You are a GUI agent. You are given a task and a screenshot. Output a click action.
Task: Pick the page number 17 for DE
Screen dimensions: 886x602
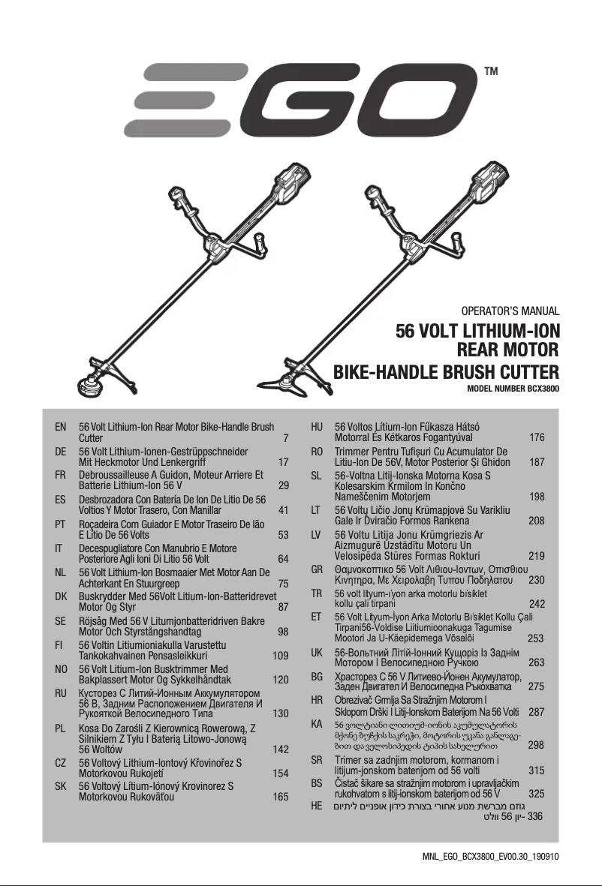[283, 463]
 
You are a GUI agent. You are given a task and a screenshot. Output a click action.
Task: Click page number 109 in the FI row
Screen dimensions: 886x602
[280, 655]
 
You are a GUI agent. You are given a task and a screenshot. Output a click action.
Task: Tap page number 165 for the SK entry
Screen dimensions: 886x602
[280, 797]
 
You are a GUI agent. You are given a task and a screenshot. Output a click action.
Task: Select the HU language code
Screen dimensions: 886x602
[317, 427]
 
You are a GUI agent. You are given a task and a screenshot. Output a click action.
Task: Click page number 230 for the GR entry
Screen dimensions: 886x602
[536, 581]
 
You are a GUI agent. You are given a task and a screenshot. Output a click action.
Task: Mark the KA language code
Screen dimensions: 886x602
[317, 725]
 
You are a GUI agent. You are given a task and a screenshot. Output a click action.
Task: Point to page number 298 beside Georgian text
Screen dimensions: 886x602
[536, 745]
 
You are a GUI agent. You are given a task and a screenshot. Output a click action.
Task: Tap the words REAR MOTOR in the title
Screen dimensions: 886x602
[507, 350]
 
